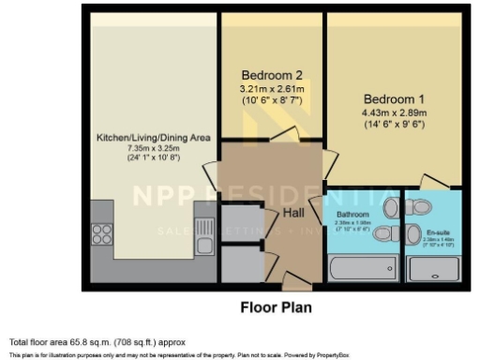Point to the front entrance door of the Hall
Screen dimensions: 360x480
coord(292,278)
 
